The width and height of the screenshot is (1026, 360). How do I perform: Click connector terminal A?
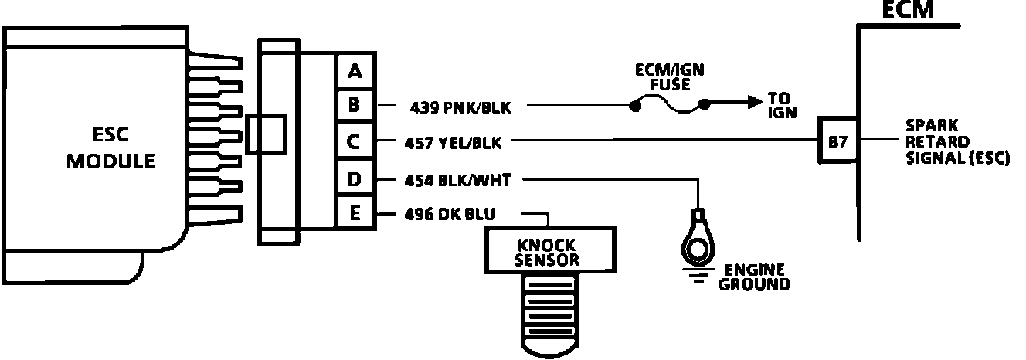(355, 72)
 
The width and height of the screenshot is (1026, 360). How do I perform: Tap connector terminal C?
(355, 142)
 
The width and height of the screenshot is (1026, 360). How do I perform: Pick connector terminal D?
(355, 179)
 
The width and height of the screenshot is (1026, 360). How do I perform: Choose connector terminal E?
(355, 212)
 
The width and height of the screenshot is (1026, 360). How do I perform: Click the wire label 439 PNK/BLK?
(457, 107)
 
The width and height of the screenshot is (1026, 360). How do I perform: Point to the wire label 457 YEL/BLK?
(456, 142)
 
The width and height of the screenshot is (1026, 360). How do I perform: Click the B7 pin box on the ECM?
(838, 142)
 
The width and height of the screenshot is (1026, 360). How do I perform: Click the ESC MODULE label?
(110, 148)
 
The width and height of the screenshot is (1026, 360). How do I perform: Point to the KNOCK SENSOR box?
(547, 249)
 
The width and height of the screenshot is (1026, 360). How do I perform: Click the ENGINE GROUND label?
(754, 277)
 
